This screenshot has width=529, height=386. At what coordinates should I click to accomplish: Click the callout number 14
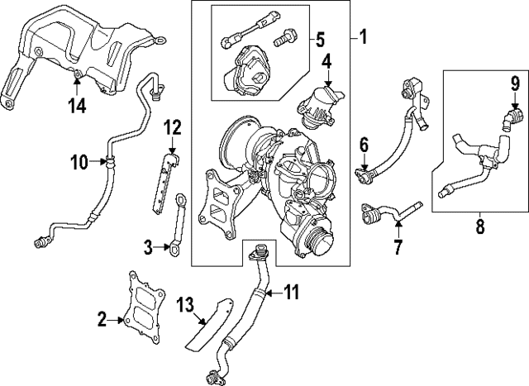click(76, 104)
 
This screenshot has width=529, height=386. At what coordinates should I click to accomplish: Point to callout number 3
click(147, 245)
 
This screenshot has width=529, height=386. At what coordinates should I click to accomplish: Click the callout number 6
click(362, 146)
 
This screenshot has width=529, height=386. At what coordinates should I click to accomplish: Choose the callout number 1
click(361, 38)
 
